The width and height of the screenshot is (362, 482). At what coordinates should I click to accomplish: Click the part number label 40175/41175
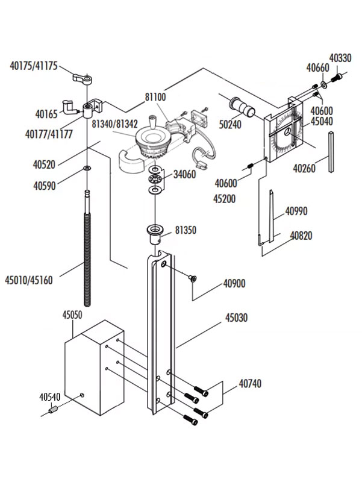tap(34, 66)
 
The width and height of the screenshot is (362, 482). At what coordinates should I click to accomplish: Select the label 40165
tap(46, 113)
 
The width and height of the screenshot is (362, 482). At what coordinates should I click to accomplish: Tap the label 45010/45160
tap(28, 280)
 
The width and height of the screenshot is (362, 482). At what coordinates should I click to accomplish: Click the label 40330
tap(340, 58)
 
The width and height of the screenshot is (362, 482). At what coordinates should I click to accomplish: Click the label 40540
tap(51, 397)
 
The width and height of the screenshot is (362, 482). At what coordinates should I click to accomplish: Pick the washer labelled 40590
tap(88, 167)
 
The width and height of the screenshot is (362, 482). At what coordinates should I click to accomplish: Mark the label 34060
tap(185, 175)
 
